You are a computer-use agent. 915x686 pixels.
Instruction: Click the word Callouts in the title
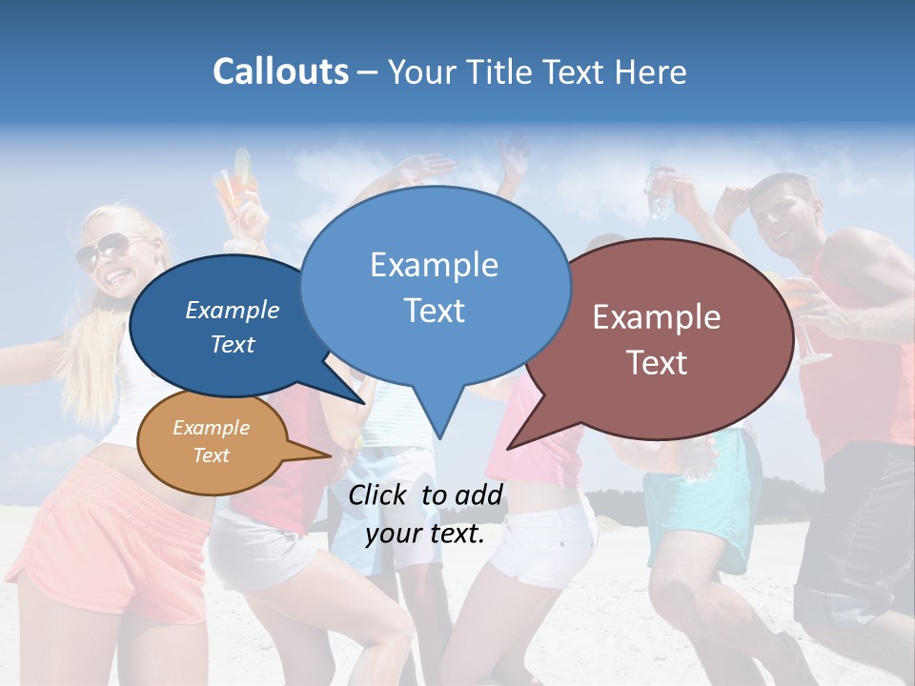(280, 71)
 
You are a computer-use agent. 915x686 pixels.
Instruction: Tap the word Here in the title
(651, 72)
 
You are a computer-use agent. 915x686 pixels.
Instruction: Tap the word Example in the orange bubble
(211, 428)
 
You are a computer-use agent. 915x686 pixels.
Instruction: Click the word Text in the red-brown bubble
(657, 363)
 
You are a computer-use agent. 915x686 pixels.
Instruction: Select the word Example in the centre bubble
(434, 265)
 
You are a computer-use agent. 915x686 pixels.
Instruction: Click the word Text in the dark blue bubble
(233, 345)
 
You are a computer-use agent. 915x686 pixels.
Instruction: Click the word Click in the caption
(379, 494)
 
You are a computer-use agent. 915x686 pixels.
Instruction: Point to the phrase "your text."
(424, 534)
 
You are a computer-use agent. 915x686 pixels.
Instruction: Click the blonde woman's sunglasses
(102, 251)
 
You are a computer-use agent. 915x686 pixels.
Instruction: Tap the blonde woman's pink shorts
(114, 534)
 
